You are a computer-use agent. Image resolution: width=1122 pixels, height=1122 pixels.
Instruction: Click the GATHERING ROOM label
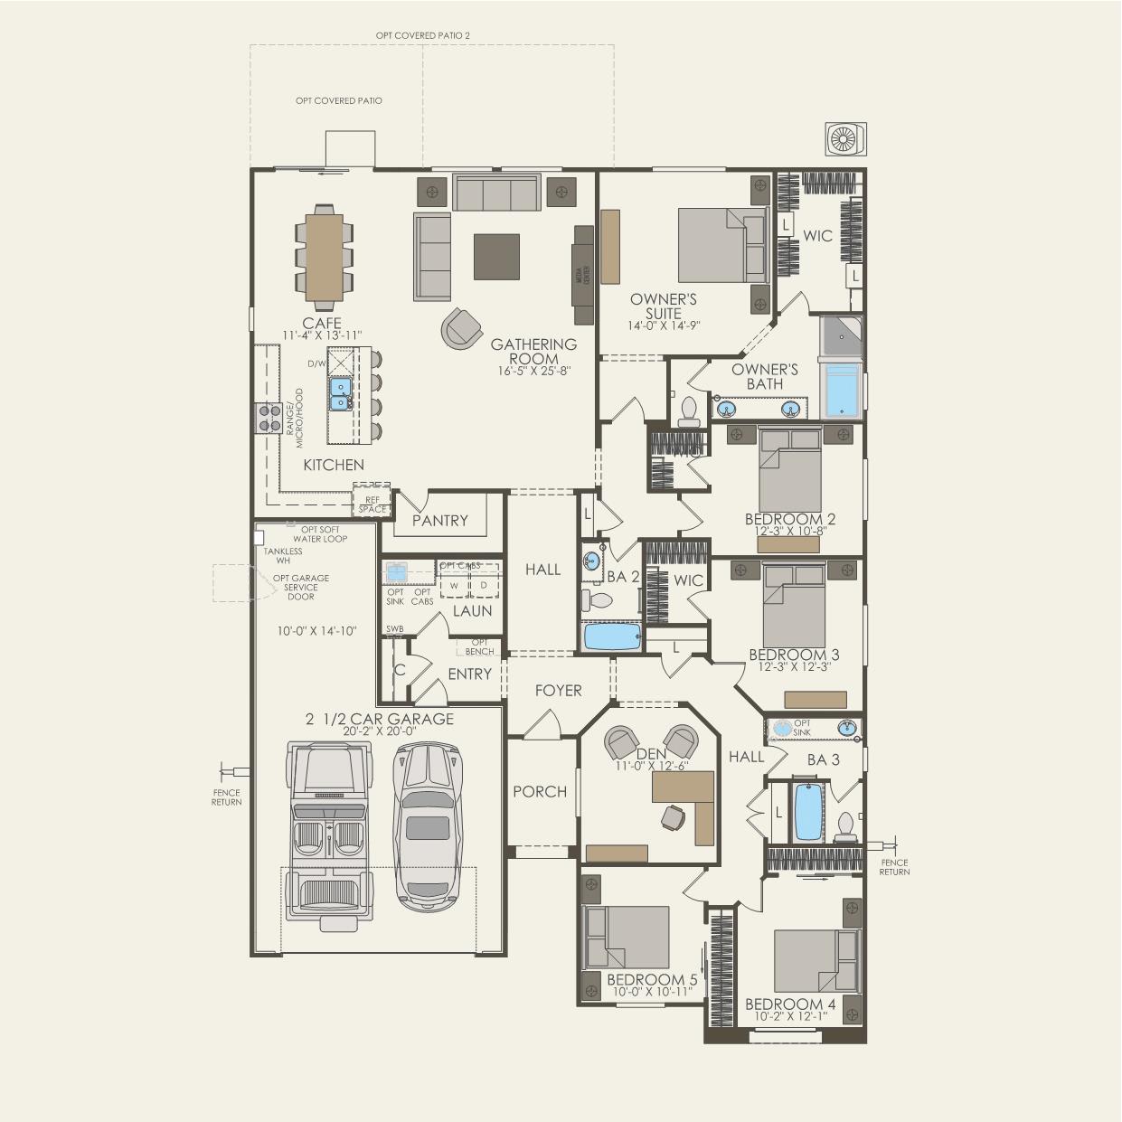(x=533, y=352)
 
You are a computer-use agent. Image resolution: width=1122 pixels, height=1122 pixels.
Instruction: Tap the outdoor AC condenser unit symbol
(x=846, y=137)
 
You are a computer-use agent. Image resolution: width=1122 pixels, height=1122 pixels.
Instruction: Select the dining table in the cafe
(x=323, y=254)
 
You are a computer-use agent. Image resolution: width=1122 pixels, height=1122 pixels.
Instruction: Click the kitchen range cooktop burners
(x=269, y=415)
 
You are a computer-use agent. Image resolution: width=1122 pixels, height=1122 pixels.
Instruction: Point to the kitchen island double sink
(x=341, y=394)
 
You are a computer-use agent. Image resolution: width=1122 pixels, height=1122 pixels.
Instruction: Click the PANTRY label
(x=439, y=521)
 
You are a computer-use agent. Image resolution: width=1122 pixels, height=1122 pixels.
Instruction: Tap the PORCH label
(x=540, y=792)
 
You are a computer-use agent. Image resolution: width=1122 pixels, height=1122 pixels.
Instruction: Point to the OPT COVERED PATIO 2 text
(x=423, y=35)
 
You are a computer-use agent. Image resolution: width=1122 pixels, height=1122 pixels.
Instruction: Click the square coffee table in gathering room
(x=496, y=256)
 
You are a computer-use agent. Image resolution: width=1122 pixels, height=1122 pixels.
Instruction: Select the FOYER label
(x=558, y=691)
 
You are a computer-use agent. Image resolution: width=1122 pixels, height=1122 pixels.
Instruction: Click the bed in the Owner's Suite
(x=719, y=242)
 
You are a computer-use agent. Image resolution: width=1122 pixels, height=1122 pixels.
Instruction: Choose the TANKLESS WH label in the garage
(x=283, y=556)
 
